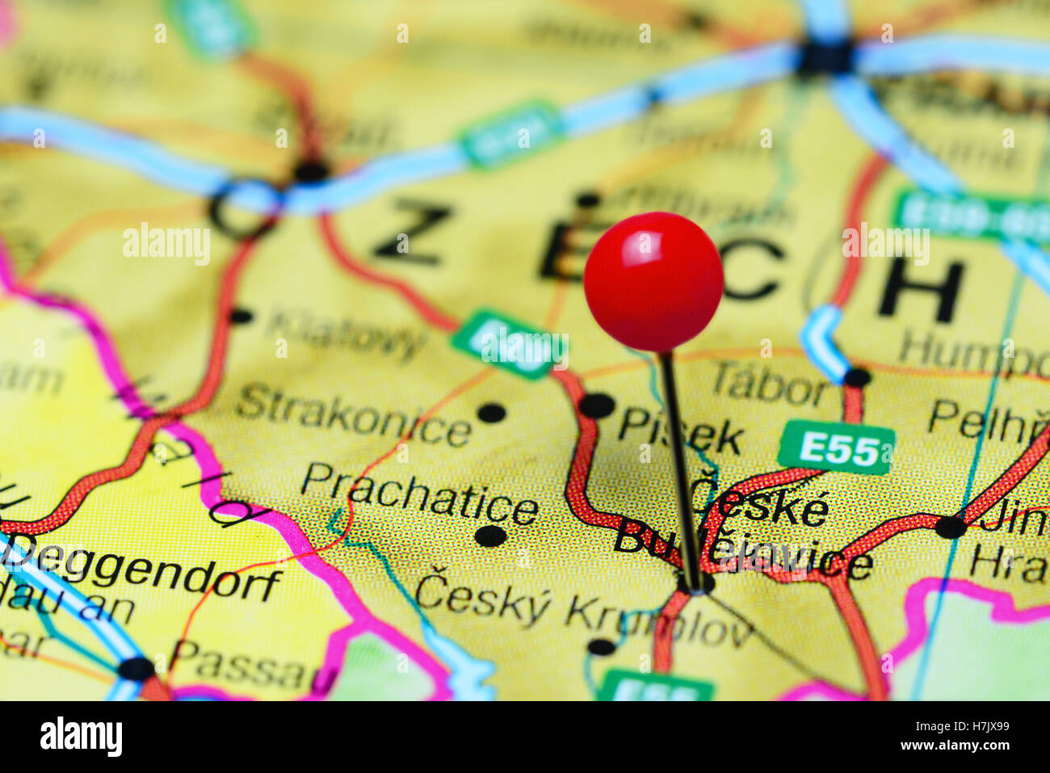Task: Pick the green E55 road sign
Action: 836,447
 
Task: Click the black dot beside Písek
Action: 597,405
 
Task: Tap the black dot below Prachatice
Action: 489,536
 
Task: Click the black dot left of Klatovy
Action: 241,316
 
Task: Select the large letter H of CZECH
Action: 921,290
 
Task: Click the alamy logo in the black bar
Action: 81,737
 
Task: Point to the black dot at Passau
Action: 136,669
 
